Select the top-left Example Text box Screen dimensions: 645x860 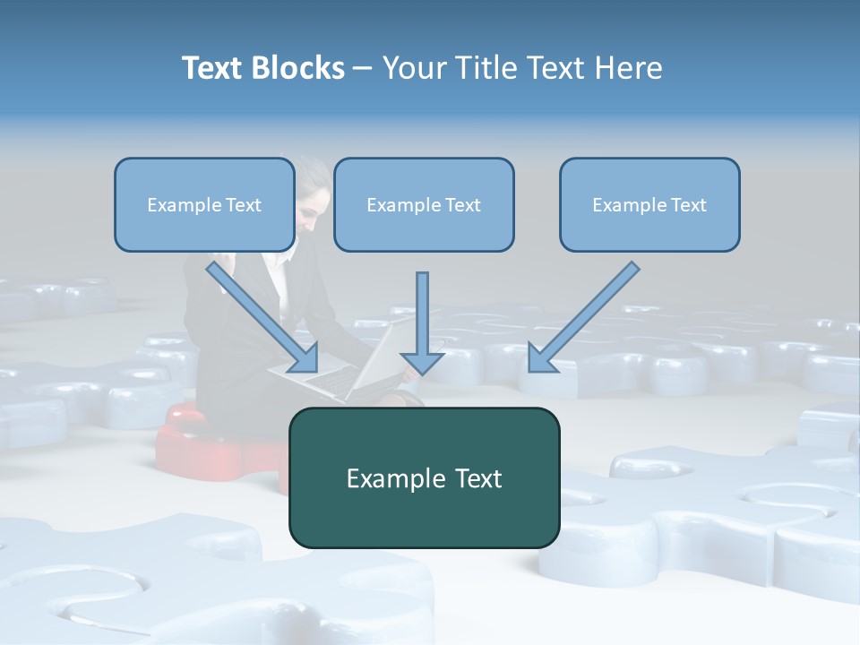(204, 204)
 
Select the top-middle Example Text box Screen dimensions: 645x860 (424, 204)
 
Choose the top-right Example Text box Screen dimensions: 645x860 (649, 204)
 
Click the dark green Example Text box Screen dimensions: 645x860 (424, 477)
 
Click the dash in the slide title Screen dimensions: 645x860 (363, 69)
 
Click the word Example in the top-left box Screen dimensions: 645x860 (179, 205)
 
